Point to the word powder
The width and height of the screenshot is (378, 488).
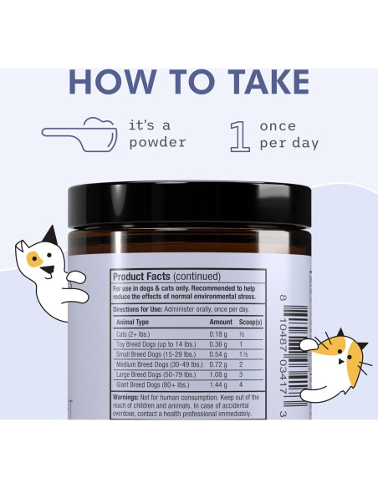point(156,142)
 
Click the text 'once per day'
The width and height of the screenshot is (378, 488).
point(288,134)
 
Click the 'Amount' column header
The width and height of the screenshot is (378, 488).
point(221,321)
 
